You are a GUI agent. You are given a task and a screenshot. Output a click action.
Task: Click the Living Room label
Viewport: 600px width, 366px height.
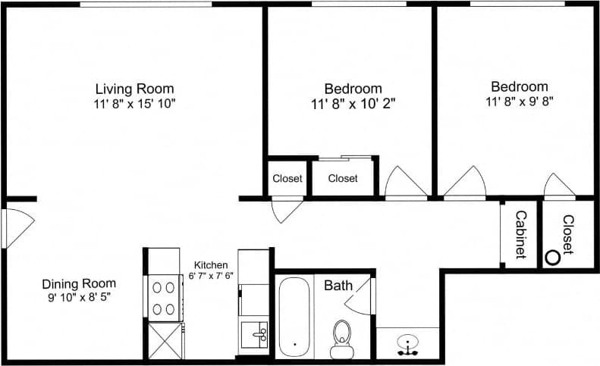point(134,88)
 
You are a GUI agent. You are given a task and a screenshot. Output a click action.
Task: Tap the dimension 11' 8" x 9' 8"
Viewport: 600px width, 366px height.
point(519,101)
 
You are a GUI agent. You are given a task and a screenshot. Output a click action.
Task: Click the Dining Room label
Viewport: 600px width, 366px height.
point(79,283)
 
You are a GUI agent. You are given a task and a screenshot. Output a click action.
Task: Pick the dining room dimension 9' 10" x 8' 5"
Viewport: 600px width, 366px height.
point(79,297)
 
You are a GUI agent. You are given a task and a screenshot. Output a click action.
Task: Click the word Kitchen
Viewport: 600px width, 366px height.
point(210,264)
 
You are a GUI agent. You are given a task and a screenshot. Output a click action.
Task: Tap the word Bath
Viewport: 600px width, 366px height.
point(338,286)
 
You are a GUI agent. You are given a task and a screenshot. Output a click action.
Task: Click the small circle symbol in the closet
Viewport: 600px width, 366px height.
point(553,258)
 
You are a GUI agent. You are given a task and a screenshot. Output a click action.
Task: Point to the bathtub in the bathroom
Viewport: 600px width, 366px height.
point(294,317)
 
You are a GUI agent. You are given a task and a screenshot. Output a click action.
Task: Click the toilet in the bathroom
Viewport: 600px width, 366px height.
point(342,337)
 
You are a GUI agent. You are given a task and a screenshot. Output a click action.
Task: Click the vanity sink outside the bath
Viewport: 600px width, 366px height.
point(408,345)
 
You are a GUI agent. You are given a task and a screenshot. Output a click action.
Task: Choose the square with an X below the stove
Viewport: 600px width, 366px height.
point(163,339)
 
